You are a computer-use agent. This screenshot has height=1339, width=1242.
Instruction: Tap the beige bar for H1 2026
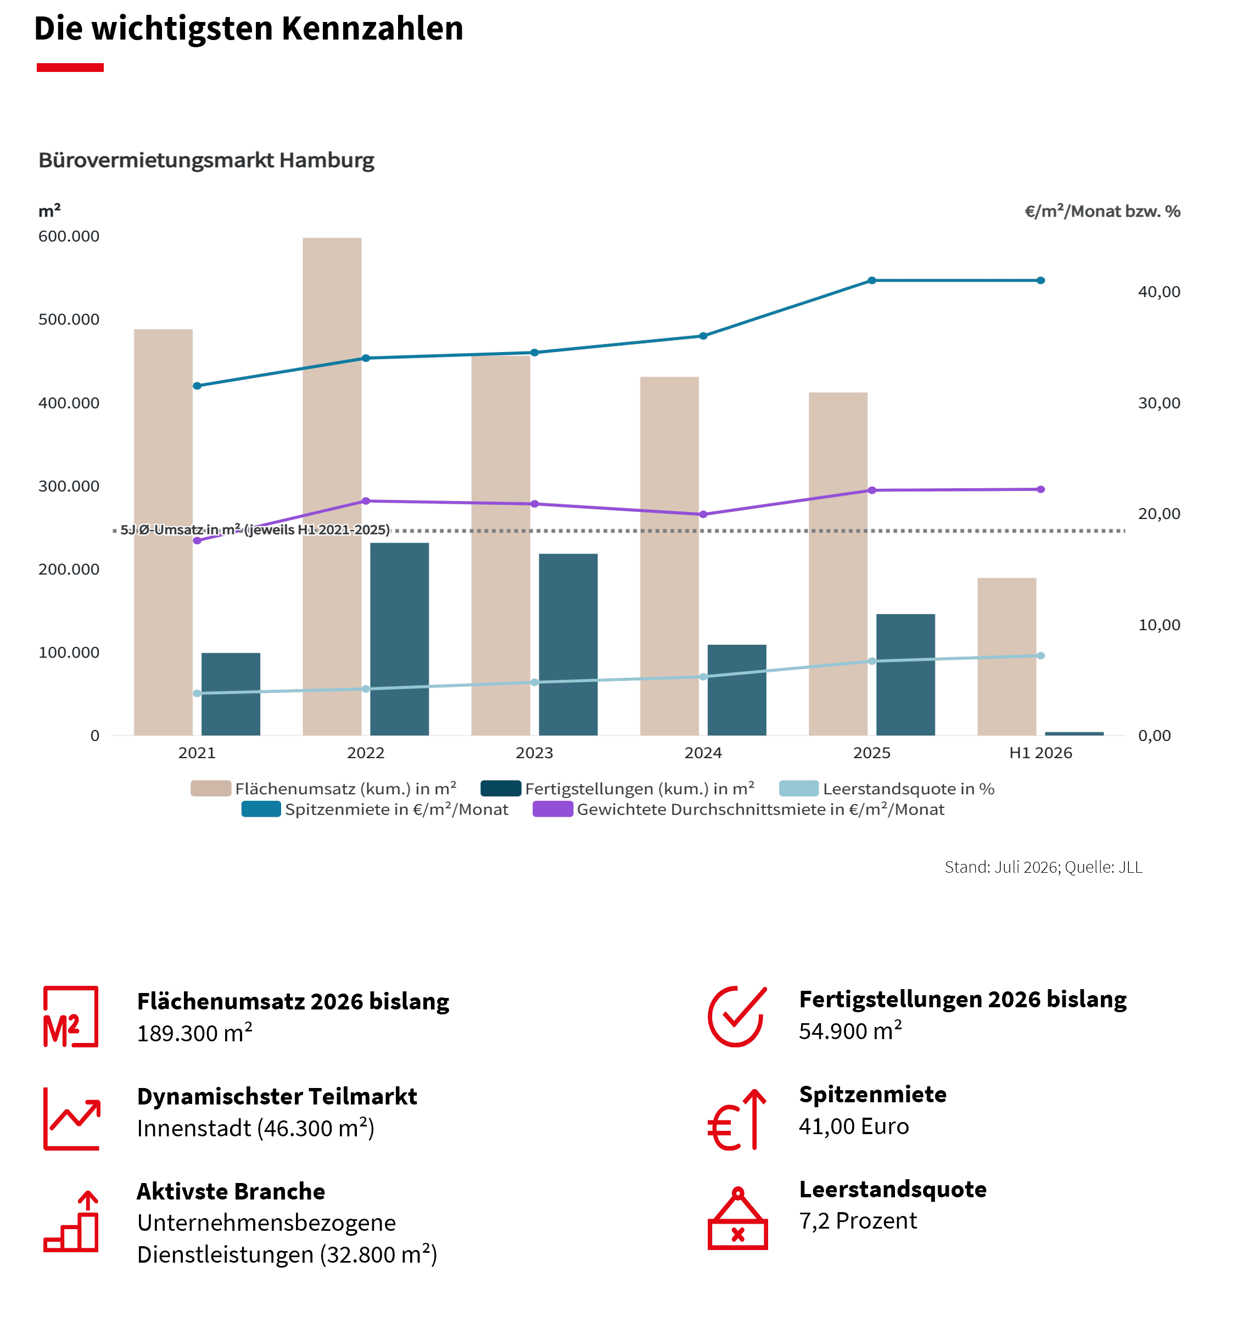(x=1007, y=656)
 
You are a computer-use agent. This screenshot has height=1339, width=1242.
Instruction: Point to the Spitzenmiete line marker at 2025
(x=872, y=280)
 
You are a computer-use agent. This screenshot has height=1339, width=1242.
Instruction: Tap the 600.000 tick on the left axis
(x=69, y=236)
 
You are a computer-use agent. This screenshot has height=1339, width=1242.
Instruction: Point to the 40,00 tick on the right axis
(x=1159, y=292)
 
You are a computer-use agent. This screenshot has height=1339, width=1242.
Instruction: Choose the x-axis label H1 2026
(x=1040, y=753)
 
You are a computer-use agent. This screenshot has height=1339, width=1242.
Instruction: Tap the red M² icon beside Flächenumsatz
(x=71, y=1017)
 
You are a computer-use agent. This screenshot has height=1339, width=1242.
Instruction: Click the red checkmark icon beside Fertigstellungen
(x=737, y=1017)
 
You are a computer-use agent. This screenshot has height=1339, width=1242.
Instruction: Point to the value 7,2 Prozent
(x=858, y=1221)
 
